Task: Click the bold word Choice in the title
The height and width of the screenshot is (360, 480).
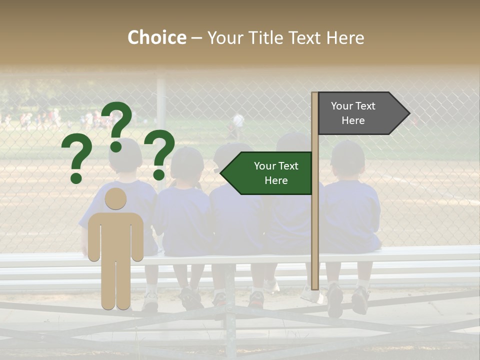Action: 156,38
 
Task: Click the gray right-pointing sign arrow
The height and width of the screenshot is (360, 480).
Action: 362,113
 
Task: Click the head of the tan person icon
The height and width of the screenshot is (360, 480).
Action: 115,198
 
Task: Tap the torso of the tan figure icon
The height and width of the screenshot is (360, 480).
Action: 115,232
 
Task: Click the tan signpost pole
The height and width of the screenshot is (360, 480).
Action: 314,225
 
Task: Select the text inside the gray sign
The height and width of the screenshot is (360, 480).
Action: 353,113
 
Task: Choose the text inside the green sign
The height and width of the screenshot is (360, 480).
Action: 276,173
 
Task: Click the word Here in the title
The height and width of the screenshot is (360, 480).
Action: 345,38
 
